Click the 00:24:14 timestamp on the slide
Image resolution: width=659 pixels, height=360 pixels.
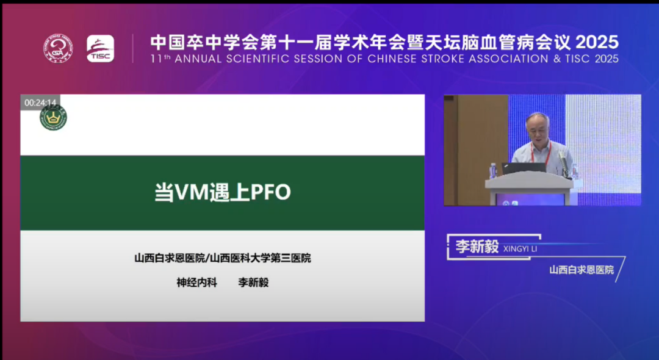40,103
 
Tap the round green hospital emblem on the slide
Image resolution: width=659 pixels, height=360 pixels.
53,118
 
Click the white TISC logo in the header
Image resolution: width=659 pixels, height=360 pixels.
101,49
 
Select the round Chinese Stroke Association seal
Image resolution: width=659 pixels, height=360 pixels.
58,49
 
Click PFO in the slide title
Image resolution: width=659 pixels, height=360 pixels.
271,192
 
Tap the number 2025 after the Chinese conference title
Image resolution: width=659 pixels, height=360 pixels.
597,43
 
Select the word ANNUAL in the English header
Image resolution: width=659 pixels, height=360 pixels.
198,59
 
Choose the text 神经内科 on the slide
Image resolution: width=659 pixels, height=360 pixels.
196,283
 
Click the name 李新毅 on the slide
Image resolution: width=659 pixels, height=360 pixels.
253,283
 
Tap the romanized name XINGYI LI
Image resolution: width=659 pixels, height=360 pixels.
520,249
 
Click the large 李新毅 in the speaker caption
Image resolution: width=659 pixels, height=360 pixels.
477,247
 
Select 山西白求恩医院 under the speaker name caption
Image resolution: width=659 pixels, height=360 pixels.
582,270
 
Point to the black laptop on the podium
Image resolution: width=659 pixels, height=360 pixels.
524,168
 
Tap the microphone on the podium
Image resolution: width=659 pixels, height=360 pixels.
563,163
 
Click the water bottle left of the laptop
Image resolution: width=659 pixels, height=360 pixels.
493,171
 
